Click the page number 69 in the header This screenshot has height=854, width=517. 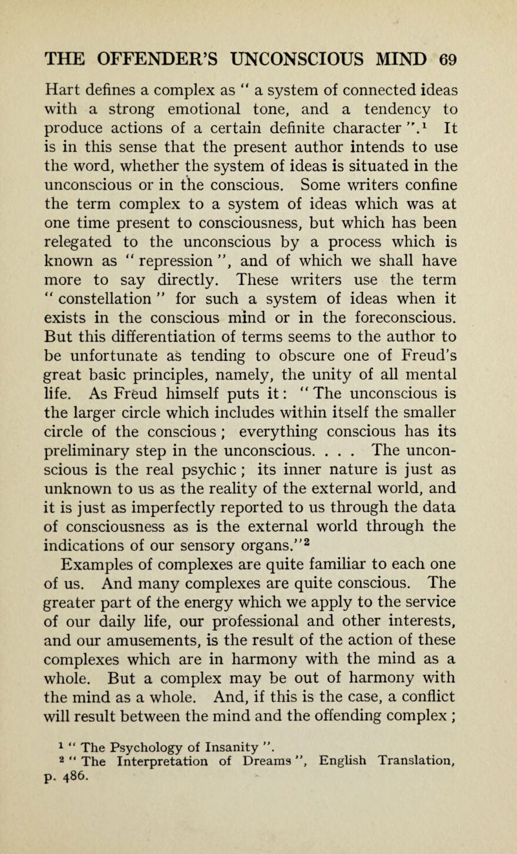pos(447,58)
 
